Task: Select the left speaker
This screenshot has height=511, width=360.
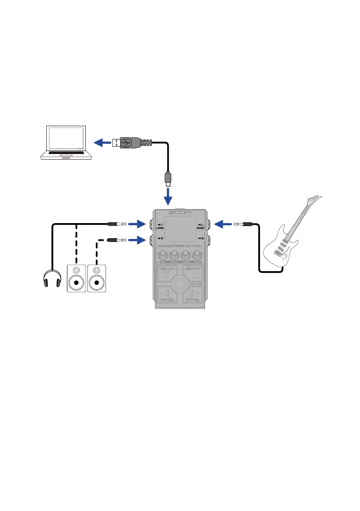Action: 76,278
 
